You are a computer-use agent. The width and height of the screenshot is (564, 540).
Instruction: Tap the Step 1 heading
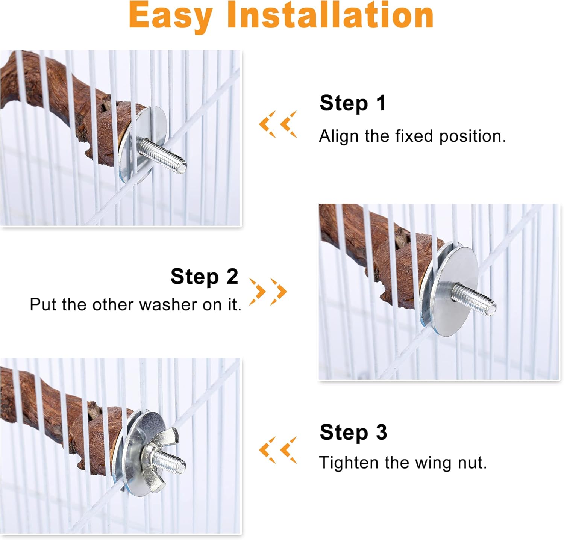353,103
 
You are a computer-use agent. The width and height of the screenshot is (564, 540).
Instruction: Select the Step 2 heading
204,277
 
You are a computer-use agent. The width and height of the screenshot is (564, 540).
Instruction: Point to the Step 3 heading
353,432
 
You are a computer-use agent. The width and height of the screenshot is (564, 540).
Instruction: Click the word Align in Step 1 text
340,136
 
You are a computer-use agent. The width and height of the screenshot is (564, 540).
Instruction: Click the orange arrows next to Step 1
278,124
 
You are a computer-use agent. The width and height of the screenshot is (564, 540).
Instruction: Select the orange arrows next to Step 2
268,291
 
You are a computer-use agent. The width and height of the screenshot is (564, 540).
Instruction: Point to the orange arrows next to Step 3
278,450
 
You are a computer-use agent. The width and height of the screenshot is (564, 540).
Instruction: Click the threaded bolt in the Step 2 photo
474,298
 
